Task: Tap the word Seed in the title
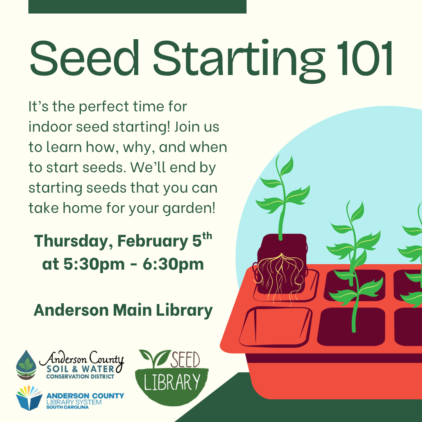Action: click(x=84, y=57)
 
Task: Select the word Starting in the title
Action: click(x=239, y=61)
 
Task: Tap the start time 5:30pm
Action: click(x=94, y=264)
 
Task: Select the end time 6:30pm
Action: click(x=173, y=264)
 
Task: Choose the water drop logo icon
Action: click(x=26, y=365)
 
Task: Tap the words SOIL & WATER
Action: click(x=80, y=369)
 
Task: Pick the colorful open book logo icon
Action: click(x=29, y=398)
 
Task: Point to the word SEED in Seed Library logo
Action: click(x=185, y=359)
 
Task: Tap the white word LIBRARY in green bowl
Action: click(x=172, y=382)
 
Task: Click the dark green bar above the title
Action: click(x=137, y=7)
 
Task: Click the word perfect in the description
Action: click(x=104, y=107)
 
